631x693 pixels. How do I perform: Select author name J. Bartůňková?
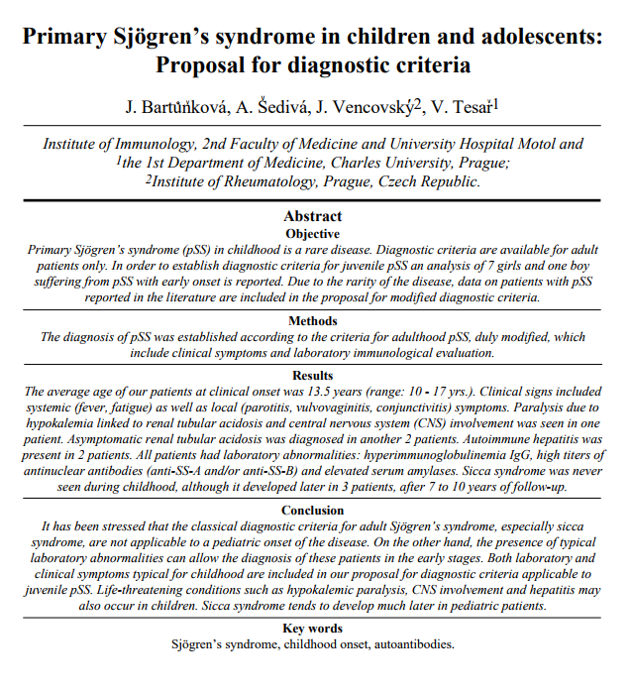173,106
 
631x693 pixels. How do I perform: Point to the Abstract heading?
313,215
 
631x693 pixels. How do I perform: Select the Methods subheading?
313,320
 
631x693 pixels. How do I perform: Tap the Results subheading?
313,376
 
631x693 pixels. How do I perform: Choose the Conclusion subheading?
313,510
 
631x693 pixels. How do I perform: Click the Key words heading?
313,628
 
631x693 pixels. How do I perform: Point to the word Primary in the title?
65,38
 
